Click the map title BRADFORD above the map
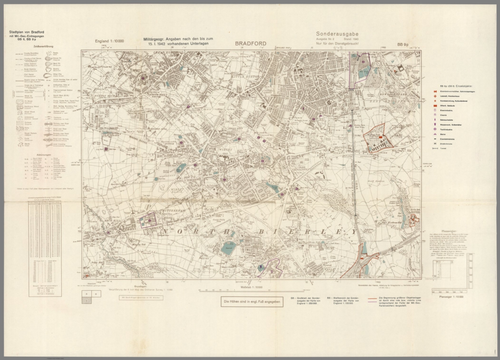[251, 44]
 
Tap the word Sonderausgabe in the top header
[337, 34]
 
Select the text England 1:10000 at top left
[109, 41]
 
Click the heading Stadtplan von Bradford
[27, 32]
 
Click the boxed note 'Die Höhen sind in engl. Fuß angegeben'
[252, 302]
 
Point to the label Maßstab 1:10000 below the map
[251, 287]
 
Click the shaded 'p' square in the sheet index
[86, 301]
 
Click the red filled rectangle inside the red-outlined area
[380, 138]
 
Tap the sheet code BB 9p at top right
[403, 45]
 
